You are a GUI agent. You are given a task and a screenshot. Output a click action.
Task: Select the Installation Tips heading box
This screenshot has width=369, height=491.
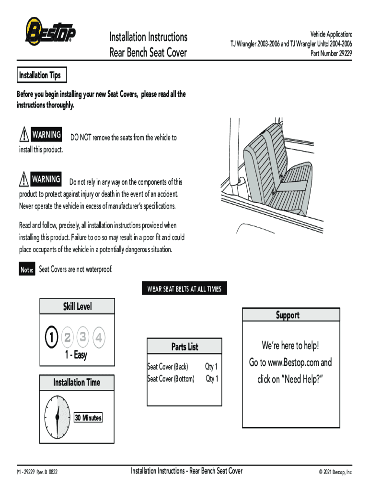(x=40, y=75)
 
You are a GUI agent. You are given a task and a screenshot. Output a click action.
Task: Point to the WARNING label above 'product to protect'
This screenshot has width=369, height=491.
(x=46, y=180)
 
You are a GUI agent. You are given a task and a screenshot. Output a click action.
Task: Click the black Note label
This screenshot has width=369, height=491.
(x=27, y=270)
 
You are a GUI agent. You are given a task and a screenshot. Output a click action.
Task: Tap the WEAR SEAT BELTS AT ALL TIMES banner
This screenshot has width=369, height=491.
(x=184, y=289)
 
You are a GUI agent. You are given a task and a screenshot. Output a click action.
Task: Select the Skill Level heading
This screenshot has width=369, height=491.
(x=77, y=306)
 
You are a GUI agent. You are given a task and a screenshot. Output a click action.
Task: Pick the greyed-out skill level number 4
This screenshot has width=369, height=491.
(x=98, y=338)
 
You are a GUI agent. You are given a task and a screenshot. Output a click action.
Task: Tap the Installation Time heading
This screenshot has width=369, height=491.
(x=77, y=382)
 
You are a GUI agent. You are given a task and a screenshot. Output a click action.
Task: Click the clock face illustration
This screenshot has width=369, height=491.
(x=57, y=417)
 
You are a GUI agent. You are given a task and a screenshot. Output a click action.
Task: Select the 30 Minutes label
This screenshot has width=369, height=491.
(x=88, y=418)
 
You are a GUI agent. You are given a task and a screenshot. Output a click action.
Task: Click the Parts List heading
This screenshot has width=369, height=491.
(x=184, y=346)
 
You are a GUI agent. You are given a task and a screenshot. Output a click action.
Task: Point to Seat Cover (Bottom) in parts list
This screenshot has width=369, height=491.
(x=171, y=379)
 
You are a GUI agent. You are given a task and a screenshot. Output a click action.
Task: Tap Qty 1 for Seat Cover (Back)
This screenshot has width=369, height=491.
(x=211, y=367)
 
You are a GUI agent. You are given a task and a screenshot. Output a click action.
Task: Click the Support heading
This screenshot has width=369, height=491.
(x=287, y=315)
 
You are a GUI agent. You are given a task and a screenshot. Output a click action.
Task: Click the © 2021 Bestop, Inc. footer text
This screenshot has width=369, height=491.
(x=335, y=472)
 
